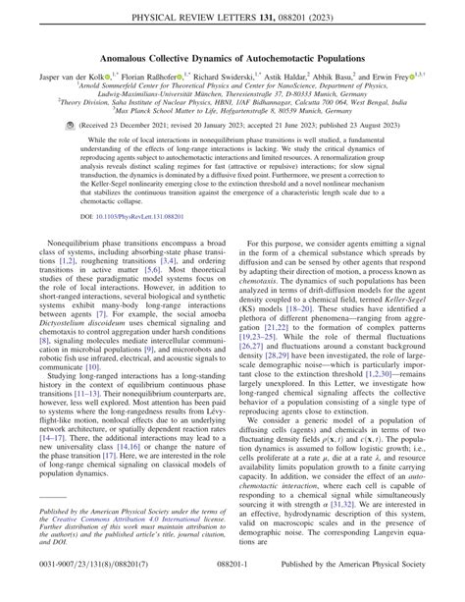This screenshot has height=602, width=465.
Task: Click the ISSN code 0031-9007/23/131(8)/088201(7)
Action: pos(82,586)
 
